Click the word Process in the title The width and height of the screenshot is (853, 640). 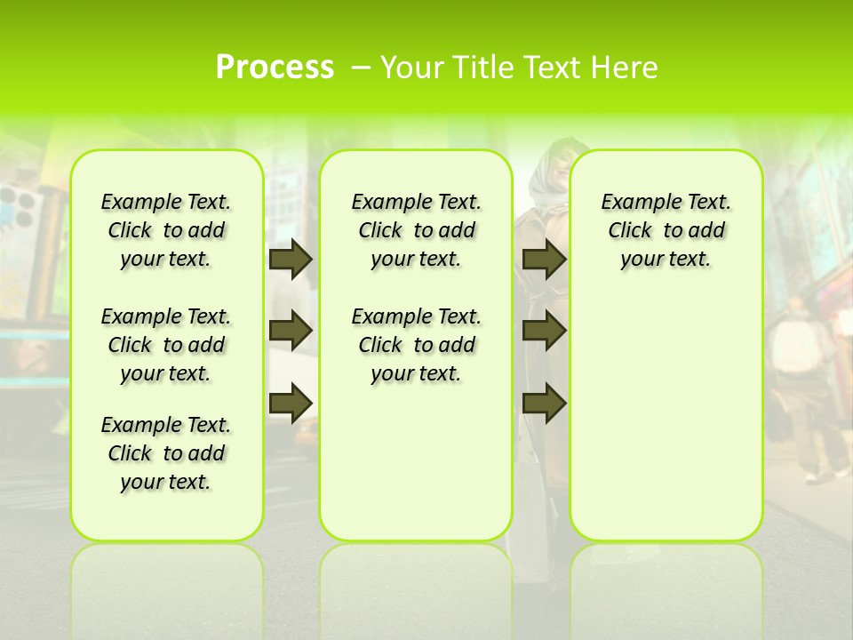point(275,68)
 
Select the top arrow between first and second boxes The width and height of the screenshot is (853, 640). point(291,260)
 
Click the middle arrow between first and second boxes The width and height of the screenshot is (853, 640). point(291,331)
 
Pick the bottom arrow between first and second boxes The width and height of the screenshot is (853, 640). point(291,403)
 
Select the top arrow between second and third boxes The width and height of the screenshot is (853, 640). point(544,260)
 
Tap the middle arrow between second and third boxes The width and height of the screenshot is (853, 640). point(544,331)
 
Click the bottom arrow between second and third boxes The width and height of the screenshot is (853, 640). point(544,403)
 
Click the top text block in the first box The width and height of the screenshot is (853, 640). point(166,230)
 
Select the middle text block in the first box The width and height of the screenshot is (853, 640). point(166,345)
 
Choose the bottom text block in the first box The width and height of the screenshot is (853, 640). point(166,453)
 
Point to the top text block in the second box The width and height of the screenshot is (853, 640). point(416,230)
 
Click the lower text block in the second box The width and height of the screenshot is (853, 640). point(416,345)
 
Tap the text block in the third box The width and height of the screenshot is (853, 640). point(666,230)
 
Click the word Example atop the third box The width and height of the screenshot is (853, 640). point(637,203)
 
